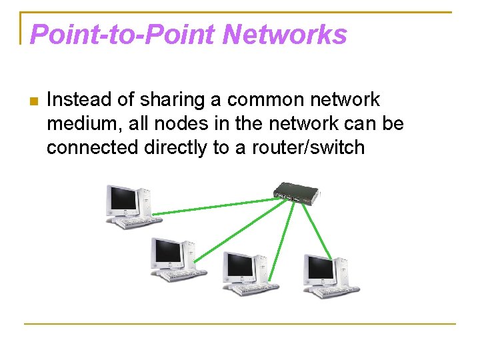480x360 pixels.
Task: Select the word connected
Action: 93,147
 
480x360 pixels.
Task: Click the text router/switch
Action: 308,147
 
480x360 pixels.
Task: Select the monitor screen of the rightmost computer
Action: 319,268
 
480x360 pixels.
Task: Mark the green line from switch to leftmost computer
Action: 213,206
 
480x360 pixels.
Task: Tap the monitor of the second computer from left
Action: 166,251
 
